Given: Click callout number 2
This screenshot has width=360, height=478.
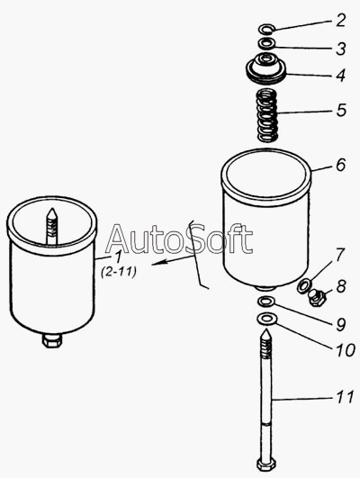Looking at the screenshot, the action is coord(340,20).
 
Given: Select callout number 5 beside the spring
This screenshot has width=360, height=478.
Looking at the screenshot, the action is coord(341,110).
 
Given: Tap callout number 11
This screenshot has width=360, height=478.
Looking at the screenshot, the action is coord(345,397).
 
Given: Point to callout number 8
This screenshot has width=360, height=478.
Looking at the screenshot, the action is coord(341,286).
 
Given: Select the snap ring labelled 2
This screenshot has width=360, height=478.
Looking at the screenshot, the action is coord(267,29).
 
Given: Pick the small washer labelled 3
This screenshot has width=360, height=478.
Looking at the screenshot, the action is coord(267,43).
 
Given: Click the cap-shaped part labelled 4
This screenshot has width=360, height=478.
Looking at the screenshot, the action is coord(266,68).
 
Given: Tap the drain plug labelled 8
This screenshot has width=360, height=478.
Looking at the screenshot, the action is coord(317,297).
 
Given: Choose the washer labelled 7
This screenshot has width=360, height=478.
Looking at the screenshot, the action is coord(304,285).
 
